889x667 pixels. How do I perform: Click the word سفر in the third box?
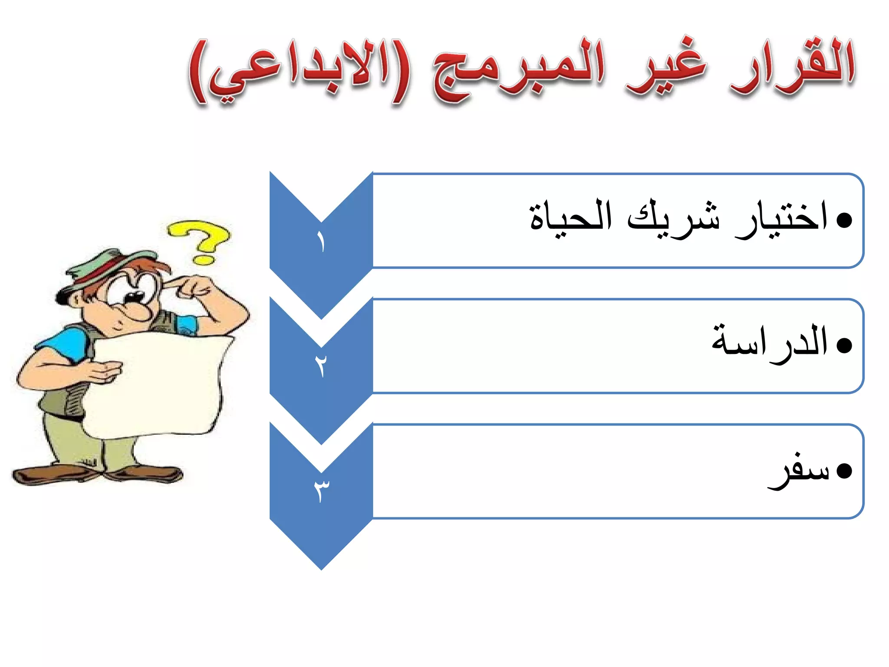pyautogui.click(x=799, y=471)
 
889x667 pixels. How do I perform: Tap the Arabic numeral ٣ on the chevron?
pyautogui.click(x=321, y=491)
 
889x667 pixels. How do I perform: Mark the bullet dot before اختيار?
pyautogui.click(x=844, y=221)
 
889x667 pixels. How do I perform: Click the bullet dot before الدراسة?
pyautogui.click(x=844, y=346)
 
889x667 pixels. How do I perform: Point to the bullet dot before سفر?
pyautogui.click(x=844, y=471)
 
